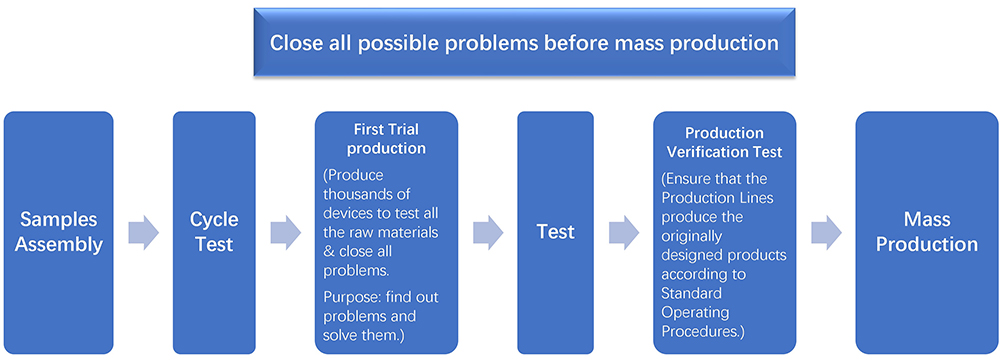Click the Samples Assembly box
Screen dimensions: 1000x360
pos(59,232)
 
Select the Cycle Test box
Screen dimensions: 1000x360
pos(214,232)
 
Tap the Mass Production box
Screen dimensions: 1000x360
pos(927,232)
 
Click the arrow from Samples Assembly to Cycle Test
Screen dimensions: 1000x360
pos(143,232)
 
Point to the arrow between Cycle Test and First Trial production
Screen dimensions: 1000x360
pos(286,232)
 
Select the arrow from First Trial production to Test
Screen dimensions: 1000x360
pos(488,232)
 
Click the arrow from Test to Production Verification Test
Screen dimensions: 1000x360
pos(624,232)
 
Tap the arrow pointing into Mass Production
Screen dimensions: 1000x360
pos(827,232)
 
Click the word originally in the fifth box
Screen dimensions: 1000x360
pos(691,237)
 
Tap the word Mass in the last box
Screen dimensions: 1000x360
pos(927,220)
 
